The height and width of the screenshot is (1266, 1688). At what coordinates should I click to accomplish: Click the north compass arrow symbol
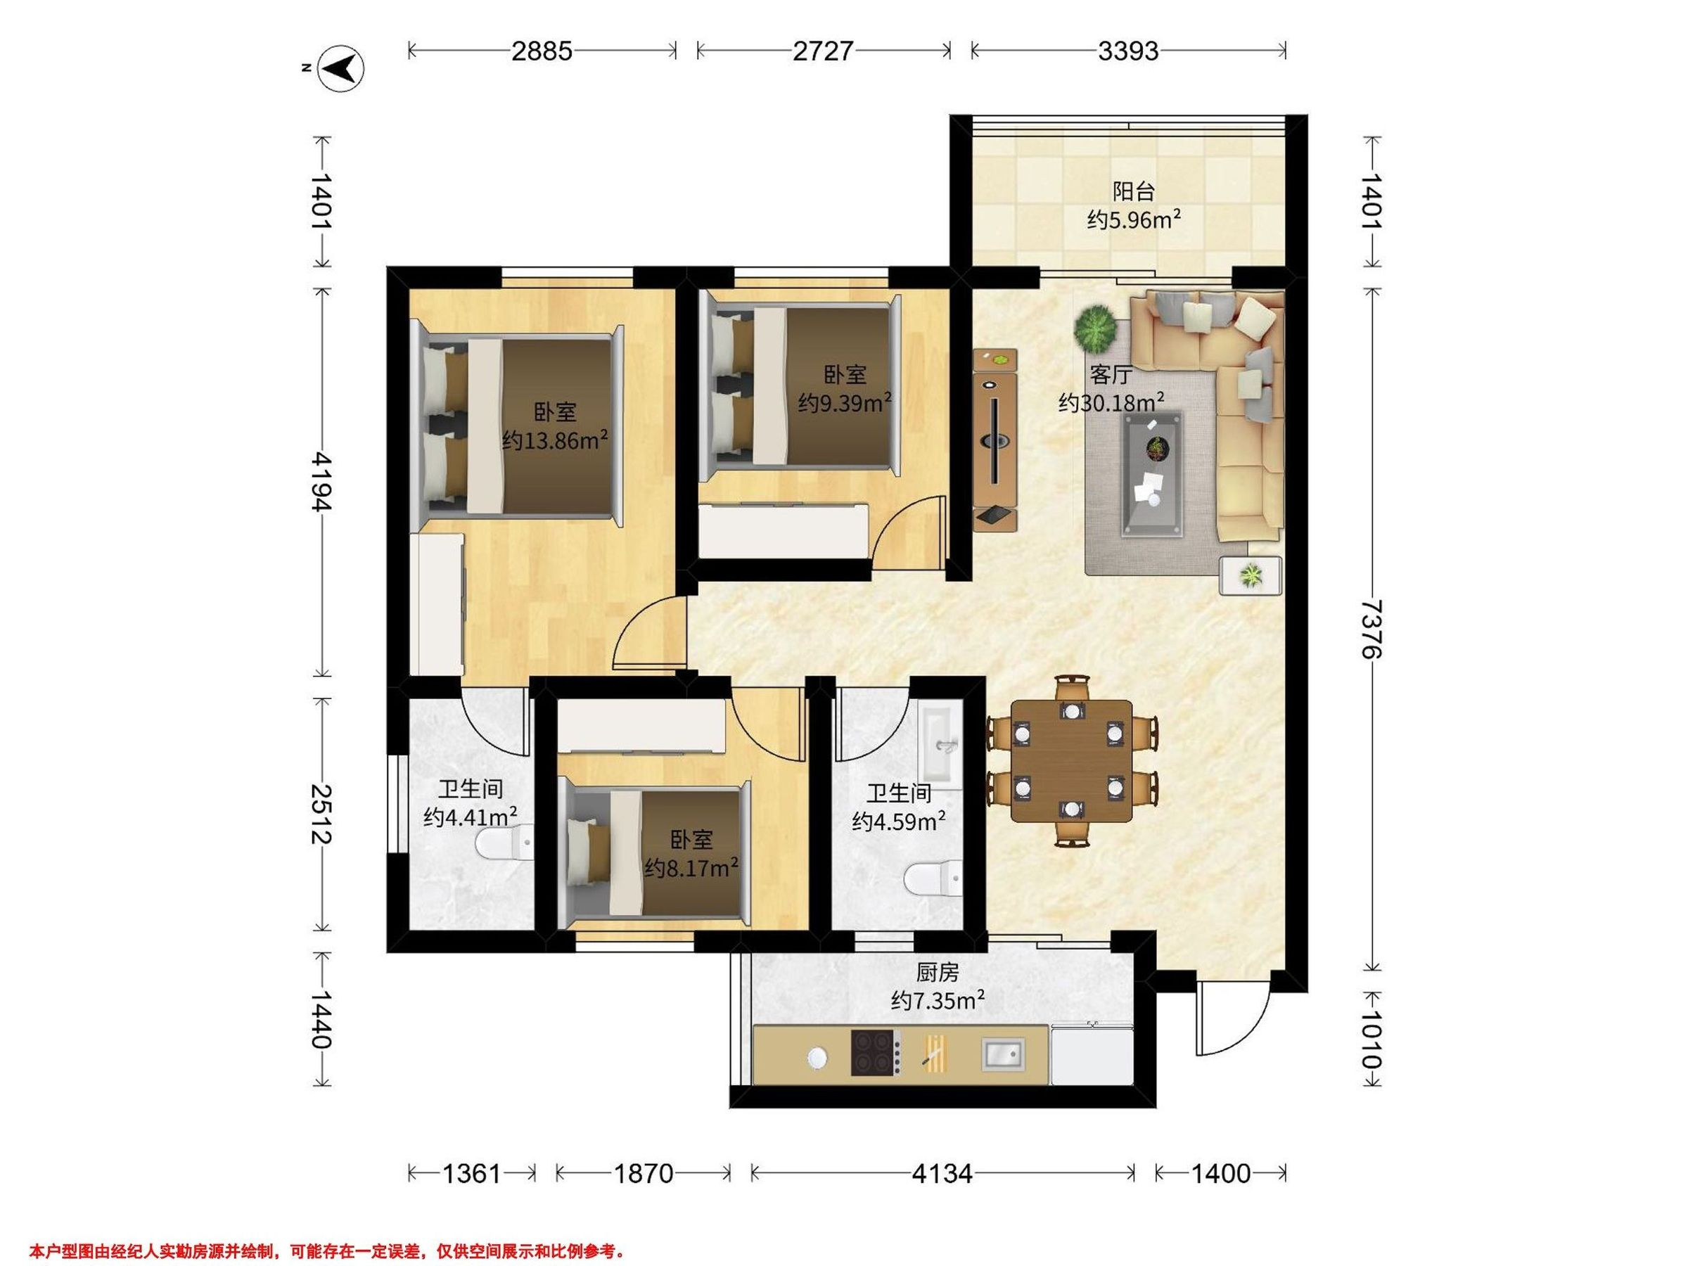pos(341,69)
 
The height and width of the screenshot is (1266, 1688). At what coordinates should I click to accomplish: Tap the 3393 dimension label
pos(1128,51)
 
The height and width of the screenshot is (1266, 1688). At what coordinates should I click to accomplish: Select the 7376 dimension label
pos(1372,629)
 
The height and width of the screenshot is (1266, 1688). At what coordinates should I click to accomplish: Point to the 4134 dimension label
pos(942,1173)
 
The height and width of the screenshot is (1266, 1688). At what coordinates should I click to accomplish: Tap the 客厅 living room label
pos(1111,375)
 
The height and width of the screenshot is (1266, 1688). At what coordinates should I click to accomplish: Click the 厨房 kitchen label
pos(937,972)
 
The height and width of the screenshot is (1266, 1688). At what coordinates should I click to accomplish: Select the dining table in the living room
pos(1071,762)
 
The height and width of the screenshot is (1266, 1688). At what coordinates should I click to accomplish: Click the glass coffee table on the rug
pos(1152,474)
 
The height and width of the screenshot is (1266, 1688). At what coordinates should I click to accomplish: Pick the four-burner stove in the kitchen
pos(876,1053)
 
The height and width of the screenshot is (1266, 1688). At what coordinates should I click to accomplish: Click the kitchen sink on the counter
pos(1003,1054)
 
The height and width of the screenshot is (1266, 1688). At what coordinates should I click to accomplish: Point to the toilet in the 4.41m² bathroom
pos(504,845)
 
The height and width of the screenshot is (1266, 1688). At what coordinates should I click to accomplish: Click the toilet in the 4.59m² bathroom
pos(933,878)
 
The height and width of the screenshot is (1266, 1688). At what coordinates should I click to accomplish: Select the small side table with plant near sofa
pos(1250,575)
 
